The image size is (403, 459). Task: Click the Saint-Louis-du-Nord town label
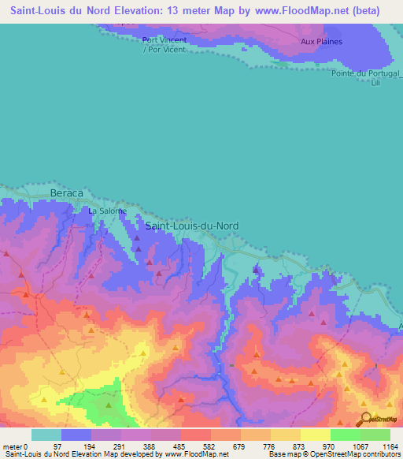(192, 226)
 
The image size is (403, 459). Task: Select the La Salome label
(107, 211)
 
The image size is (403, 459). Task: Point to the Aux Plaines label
(321, 42)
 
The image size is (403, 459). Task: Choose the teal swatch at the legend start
(46, 435)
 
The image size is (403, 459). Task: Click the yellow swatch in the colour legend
(315, 435)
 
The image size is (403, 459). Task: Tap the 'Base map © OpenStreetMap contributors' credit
(333, 454)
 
